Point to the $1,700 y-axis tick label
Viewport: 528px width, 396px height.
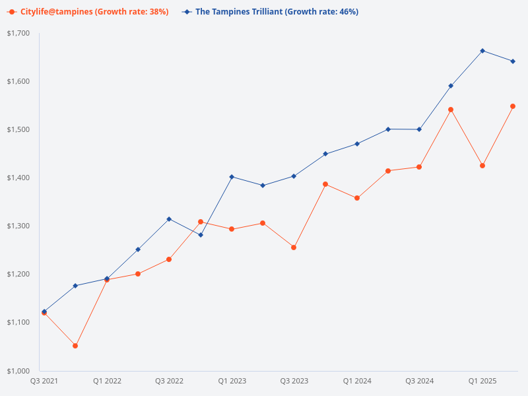click(18, 34)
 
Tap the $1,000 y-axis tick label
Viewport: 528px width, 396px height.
click(18, 371)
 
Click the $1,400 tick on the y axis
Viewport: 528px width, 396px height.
click(18, 178)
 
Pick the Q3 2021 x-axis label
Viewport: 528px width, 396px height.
click(44, 381)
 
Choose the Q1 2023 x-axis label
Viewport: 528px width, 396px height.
click(232, 381)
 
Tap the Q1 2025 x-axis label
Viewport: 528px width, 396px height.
click(482, 381)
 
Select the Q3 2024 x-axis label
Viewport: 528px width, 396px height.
click(420, 381)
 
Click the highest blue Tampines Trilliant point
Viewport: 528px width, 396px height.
click(482, 51)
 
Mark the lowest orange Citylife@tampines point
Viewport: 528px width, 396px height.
click(75, 346)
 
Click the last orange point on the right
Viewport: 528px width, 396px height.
click(513, 106)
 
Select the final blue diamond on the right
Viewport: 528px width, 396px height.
click(513, 61)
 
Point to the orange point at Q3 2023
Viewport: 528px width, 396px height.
click(294, 247)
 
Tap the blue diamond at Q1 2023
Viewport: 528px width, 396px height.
click(232, 177)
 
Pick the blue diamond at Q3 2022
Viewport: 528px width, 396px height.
click(169, 219)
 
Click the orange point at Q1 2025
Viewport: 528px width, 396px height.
click(482, 166)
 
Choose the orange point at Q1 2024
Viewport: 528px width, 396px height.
click(357, 198)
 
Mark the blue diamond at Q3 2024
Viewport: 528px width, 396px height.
click(420, 129)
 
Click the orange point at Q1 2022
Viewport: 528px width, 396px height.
click(107, 280)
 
